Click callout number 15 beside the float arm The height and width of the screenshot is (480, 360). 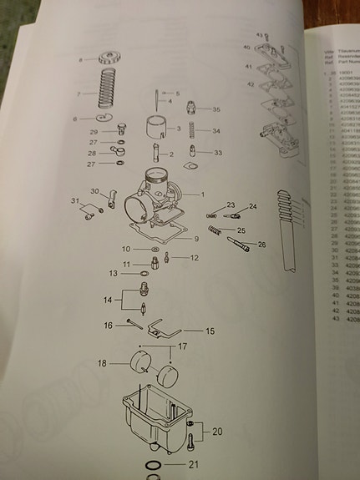click(x=210, y=331)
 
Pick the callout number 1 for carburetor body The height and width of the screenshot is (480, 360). click(x=200, y=194)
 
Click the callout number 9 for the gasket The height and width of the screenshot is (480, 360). click(x=196, y=240)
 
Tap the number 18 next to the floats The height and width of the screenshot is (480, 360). click(x=103, y=363)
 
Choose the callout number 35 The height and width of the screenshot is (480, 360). click(x=216, y=109)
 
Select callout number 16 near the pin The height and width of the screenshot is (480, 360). click(x=108, y=325)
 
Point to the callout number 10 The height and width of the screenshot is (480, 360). click(x=126, y=249)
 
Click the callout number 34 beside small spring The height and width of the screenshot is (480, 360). click(x=216, y=131)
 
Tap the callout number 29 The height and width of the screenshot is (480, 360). click(x=94, y=132)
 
